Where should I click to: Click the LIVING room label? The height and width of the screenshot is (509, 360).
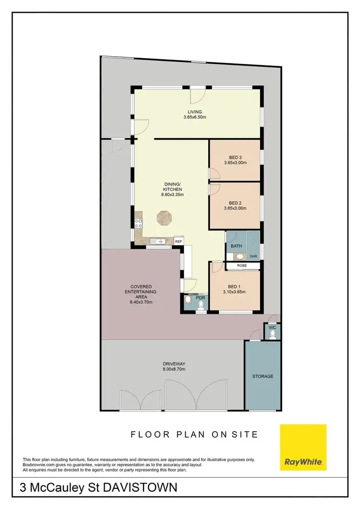(195, 112)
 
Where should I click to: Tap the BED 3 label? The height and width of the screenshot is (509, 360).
(235, 157)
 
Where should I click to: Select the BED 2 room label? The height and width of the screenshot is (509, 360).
(235, 202)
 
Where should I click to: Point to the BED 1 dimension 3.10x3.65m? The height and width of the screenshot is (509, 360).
(235, 292)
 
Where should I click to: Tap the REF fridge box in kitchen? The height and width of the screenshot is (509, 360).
(179, 241)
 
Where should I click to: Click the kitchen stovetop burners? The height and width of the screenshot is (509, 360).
(139, 223)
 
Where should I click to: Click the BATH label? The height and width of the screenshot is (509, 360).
(236, 246)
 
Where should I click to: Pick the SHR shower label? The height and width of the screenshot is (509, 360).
(253, 257)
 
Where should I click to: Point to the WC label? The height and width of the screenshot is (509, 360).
(271, 327)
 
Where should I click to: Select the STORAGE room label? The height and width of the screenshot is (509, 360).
(263, 376)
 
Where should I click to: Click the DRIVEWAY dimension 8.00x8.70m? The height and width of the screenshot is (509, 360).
(174, 369)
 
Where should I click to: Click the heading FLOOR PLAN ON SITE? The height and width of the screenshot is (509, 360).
(194, 435)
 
